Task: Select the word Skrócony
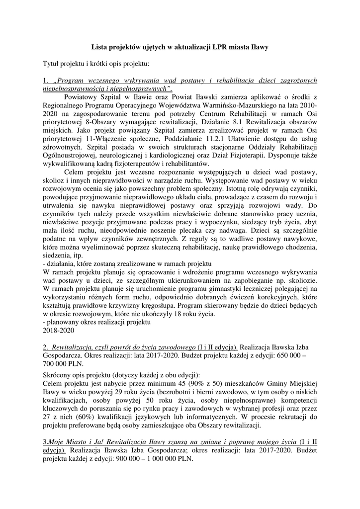pos(59,375)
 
